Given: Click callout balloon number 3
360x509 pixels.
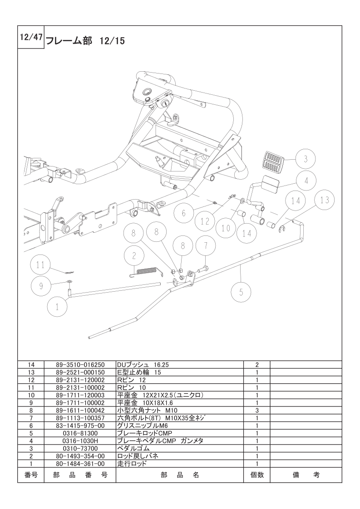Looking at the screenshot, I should click(306, 159).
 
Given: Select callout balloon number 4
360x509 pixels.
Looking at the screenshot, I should click(307, 180).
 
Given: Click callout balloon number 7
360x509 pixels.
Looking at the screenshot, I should click(206, 246).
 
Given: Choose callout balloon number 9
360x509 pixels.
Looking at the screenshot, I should click(41, 286).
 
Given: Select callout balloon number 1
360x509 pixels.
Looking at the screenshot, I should click(57, 306).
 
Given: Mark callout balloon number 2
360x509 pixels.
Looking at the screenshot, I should click(134, 255).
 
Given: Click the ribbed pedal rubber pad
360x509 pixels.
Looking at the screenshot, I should click(273, 160).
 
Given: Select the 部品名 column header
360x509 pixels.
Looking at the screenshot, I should click(180, 475).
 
